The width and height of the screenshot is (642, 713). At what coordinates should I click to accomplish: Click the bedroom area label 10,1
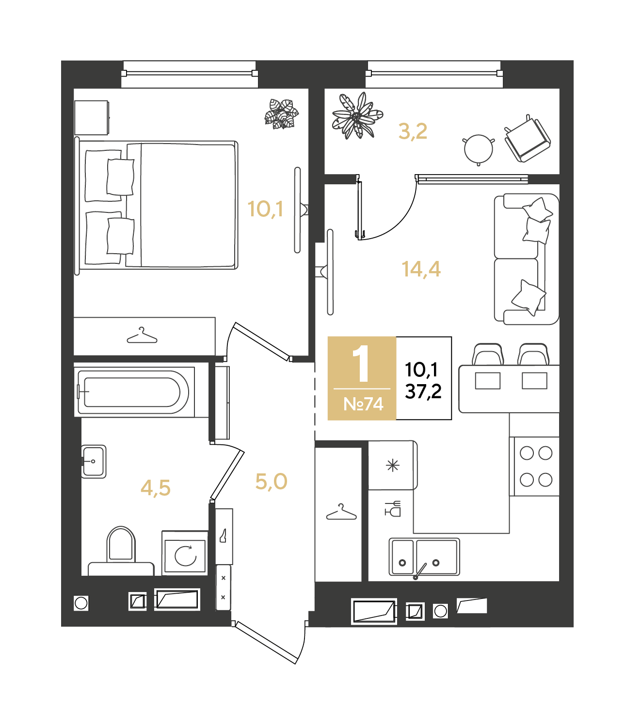point(265,209)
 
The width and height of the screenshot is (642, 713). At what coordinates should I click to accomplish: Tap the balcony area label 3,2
point(413,131)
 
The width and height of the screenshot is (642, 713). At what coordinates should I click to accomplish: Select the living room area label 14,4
point(421,269)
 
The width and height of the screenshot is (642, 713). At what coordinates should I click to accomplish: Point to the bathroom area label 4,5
point(156,488)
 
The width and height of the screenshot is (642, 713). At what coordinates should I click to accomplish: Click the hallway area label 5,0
point(271,482)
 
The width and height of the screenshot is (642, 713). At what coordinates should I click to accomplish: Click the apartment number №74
point(363,404)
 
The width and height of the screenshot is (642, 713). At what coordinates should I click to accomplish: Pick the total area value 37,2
point(423,391)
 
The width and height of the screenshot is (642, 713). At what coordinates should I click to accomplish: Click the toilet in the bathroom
point(121,551)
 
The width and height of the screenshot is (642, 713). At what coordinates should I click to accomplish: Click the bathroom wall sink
point(94,461)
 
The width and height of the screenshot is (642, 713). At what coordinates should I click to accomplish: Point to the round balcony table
point(479,150)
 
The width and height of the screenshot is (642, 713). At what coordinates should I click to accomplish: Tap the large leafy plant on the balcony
point(357,115)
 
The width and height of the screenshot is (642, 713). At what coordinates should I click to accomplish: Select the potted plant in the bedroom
point(282,113)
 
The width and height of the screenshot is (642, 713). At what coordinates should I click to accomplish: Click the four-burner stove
point(536,466)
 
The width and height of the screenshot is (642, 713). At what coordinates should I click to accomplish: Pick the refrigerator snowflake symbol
point(393,465)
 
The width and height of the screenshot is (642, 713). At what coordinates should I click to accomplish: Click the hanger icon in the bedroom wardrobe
point(142,335)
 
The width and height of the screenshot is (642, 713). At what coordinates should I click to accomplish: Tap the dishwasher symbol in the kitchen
point(393,509)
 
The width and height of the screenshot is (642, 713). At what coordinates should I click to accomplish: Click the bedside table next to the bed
point(91,118)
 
